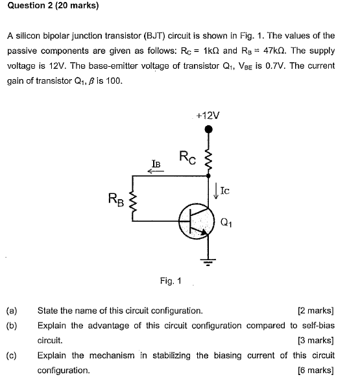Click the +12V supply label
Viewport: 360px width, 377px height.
(x=208, y=115)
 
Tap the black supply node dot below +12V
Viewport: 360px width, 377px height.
(x=208, y=129)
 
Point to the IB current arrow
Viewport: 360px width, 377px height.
(x=156, y=171)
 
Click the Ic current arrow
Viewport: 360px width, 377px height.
(x=217, y=190)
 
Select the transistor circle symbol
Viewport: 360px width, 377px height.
(x=197, y=221)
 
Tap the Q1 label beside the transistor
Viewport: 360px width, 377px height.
(x=226, y=223)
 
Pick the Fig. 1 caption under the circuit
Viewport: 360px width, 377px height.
(x=171, y=281)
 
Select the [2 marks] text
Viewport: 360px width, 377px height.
(x=315, y=310)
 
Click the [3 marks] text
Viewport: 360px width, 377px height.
(x=315, y=340)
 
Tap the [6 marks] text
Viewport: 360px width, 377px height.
(x=315, y=370)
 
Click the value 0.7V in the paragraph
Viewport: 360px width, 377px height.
(x=250, y=66)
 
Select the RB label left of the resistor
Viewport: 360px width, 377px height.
(x=115, y=198)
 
